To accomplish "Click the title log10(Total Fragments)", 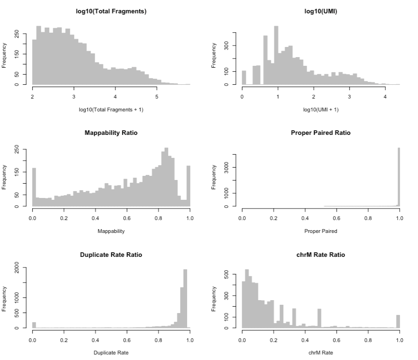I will [111, 11].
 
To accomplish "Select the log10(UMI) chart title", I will [321, 11].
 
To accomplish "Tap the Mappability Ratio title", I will [111, 133].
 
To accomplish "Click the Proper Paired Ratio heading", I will [321, 133].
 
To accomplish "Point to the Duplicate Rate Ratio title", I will [111, 255].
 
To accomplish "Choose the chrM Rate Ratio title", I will [321, 255].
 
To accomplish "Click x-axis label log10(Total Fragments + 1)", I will [111, 109].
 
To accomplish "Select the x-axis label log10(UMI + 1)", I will [321, 109].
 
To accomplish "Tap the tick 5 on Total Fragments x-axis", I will [157, 97].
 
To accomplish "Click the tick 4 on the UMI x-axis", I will [385, 97].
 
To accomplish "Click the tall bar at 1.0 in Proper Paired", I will [399, 180].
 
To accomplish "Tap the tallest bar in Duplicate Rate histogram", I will [185, 299].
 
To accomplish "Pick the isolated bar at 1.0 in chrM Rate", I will [398, 322].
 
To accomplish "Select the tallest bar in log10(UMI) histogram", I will [276, 55].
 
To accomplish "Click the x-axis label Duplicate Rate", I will [111, 353].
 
